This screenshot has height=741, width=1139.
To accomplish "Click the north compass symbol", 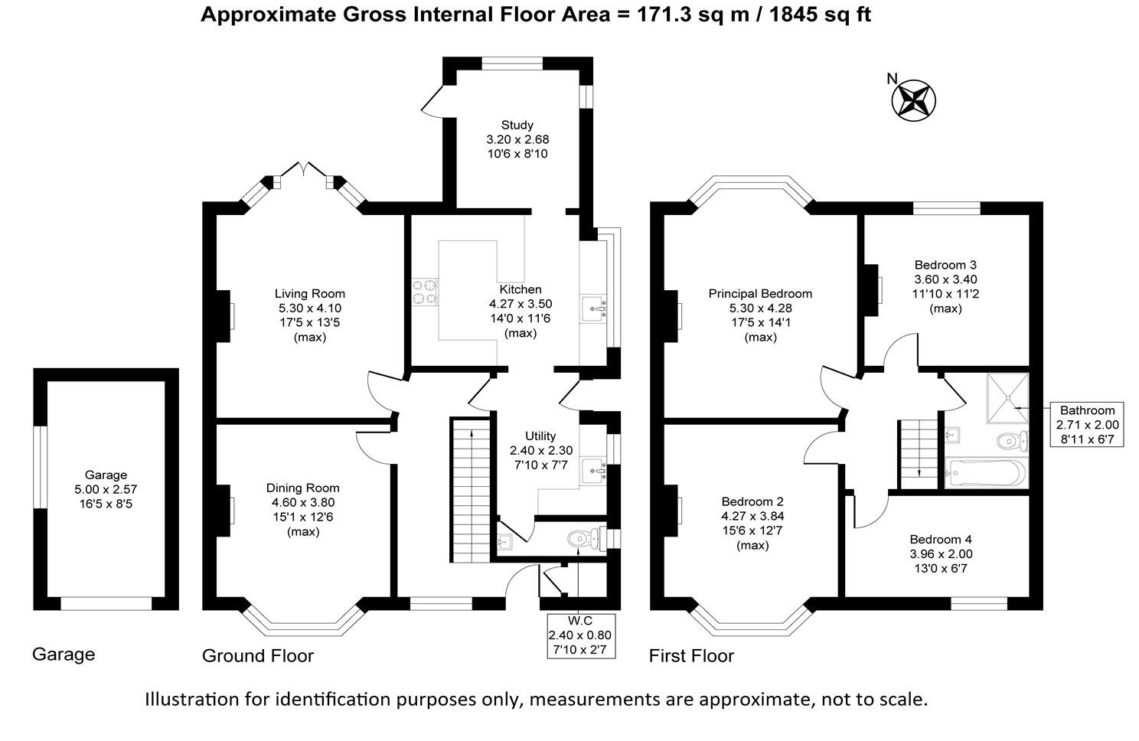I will coord(914,100).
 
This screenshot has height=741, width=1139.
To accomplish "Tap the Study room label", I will coord(517,125).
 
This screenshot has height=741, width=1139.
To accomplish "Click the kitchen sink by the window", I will coord(594,308).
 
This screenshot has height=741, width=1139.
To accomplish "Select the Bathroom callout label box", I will coord(1087,424).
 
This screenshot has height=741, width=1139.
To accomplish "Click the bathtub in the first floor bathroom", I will coord(984,474).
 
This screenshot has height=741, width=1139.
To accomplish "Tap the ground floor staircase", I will coord(469,490).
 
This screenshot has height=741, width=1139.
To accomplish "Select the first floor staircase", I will coord(917,452).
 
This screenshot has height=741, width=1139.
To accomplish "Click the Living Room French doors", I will coord(304,170).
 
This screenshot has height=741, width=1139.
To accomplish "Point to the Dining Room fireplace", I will coord(227,510).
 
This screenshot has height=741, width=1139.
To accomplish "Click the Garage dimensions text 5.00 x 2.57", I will coord(106,489).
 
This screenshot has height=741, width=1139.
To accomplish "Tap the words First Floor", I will coord(691,656).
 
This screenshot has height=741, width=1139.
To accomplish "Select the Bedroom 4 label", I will coord(941,539).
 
